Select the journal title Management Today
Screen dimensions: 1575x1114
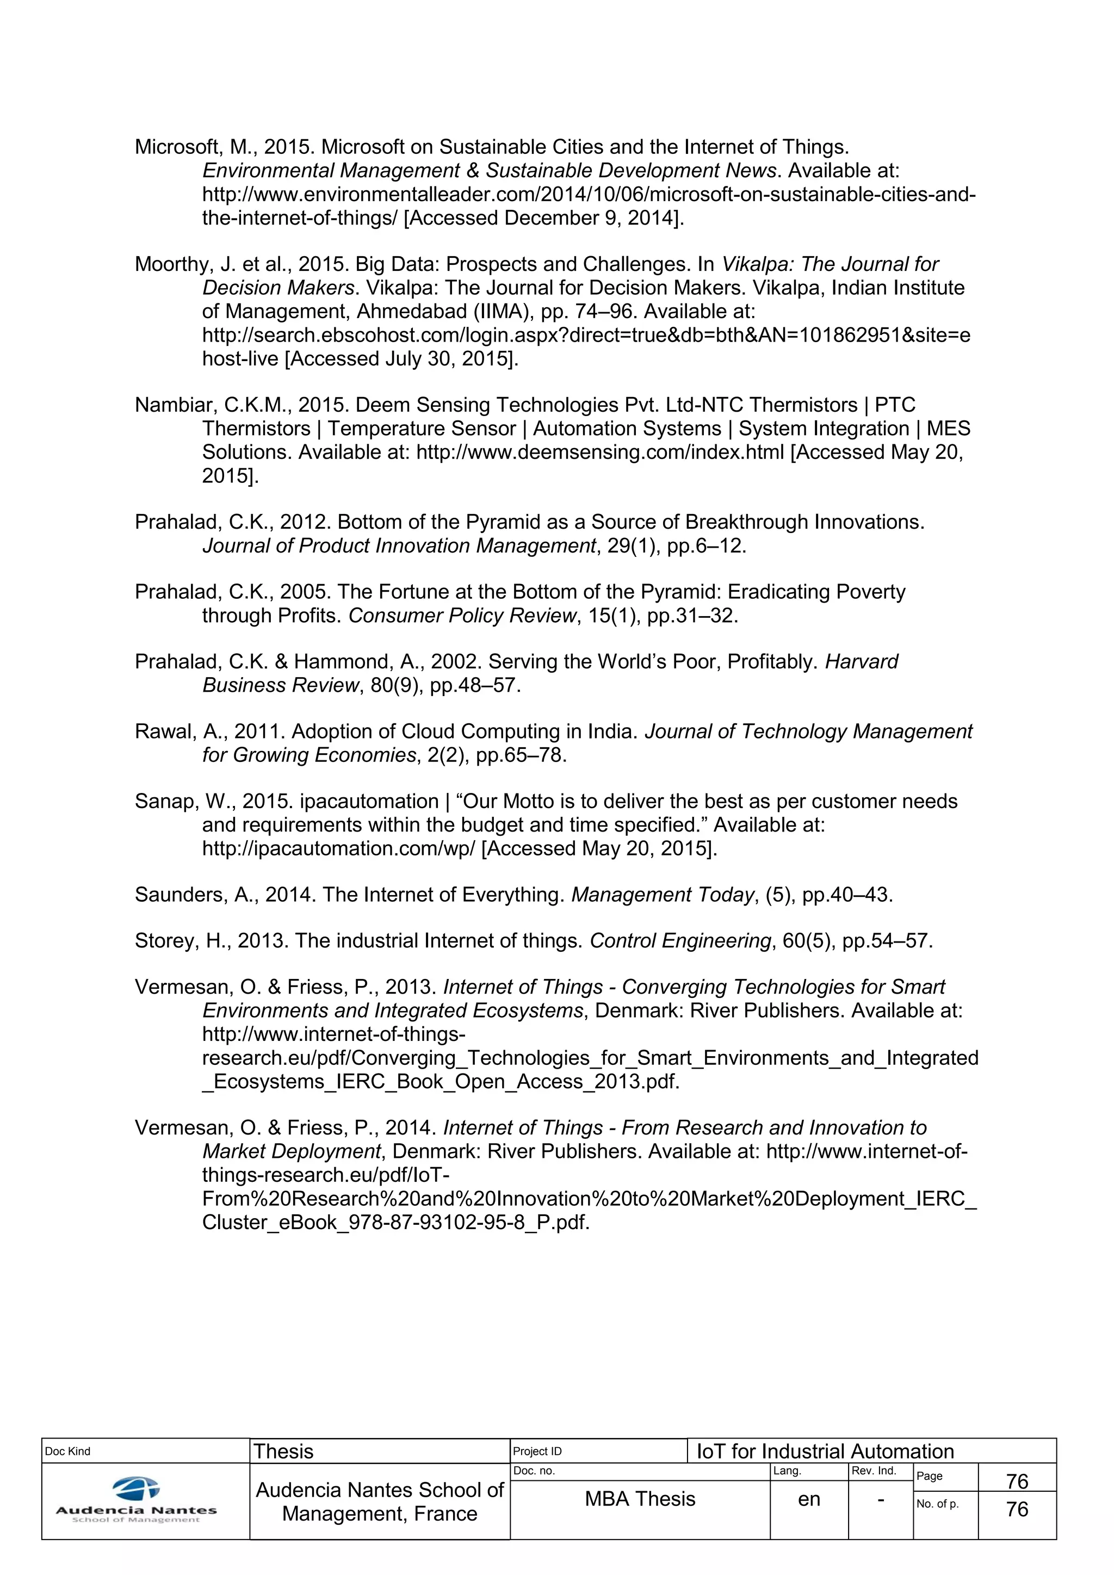[x=663, y=895]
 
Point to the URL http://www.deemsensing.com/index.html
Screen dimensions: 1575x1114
[x=600, y=452]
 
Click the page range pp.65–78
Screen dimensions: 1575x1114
[x=521, y=755]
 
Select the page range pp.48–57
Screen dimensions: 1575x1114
[x=475, y=685]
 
